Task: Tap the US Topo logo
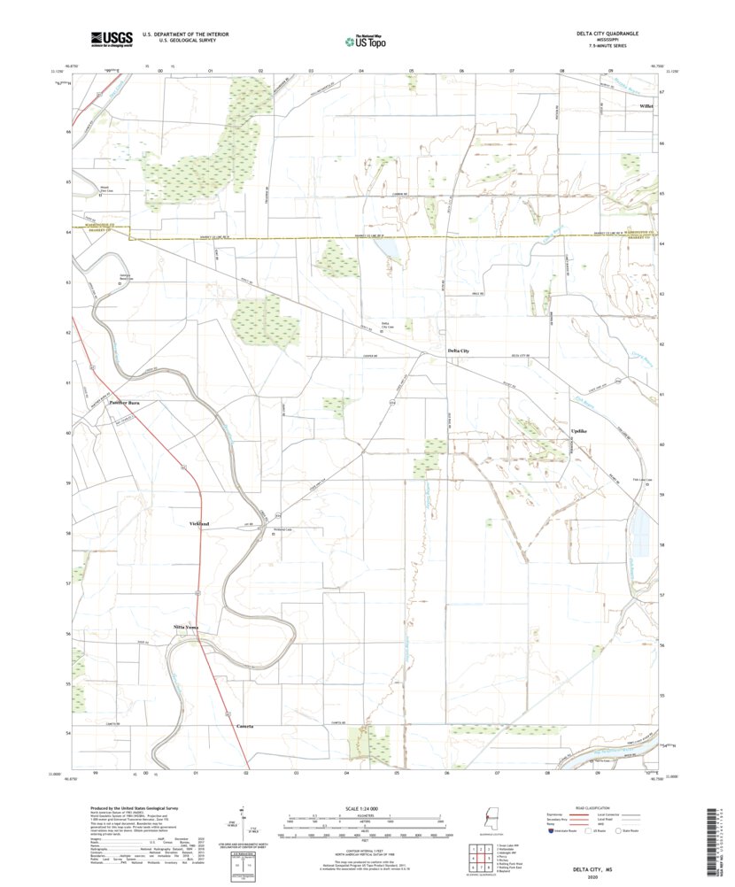pyautogui.click(x=367, y=39)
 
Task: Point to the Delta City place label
pyautogui.click(x=458, y=351)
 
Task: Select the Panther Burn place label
pyautogui.click(x=126, y=404)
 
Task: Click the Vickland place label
pyautogui.click(x=199, y=524)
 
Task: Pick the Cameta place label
pyautogui.click(x=245, y=726)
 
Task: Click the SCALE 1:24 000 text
pyautogui.click(x=362, y=808)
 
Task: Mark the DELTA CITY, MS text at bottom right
pyautogui.click(x=592, y=869)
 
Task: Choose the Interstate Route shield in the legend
pyautogui.click(x=551, y=831)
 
